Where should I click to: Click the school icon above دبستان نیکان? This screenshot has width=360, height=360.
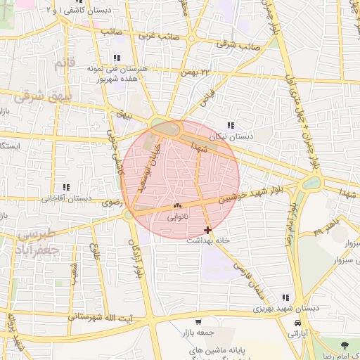[x=231, y=125]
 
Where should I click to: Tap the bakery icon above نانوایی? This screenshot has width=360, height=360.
[x=176, y=206]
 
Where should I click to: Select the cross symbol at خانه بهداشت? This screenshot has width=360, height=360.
[x=207, y=229]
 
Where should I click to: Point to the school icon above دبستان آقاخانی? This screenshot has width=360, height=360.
[x=65, y=187]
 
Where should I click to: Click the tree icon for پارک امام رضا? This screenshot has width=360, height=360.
[x=345, y=345]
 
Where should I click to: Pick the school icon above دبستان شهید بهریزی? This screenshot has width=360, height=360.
[x=285, y=298]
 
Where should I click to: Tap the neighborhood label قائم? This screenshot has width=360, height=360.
[x=64, y=65]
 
